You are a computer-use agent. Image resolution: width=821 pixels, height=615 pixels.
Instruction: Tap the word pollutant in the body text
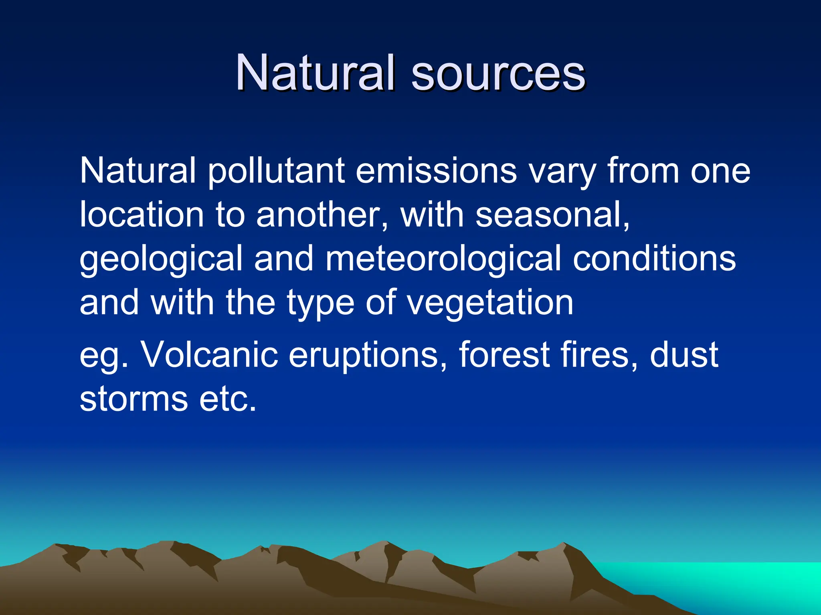277,171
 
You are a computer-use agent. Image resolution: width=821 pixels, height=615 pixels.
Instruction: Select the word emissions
436,171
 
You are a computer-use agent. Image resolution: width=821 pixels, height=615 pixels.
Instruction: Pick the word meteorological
443,259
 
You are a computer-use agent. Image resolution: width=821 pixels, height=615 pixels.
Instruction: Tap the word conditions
654,259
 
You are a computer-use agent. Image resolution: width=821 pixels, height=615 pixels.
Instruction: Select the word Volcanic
210,355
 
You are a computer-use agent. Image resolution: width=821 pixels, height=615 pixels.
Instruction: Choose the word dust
684,355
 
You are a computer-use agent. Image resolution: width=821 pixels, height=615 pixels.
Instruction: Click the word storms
134,399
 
